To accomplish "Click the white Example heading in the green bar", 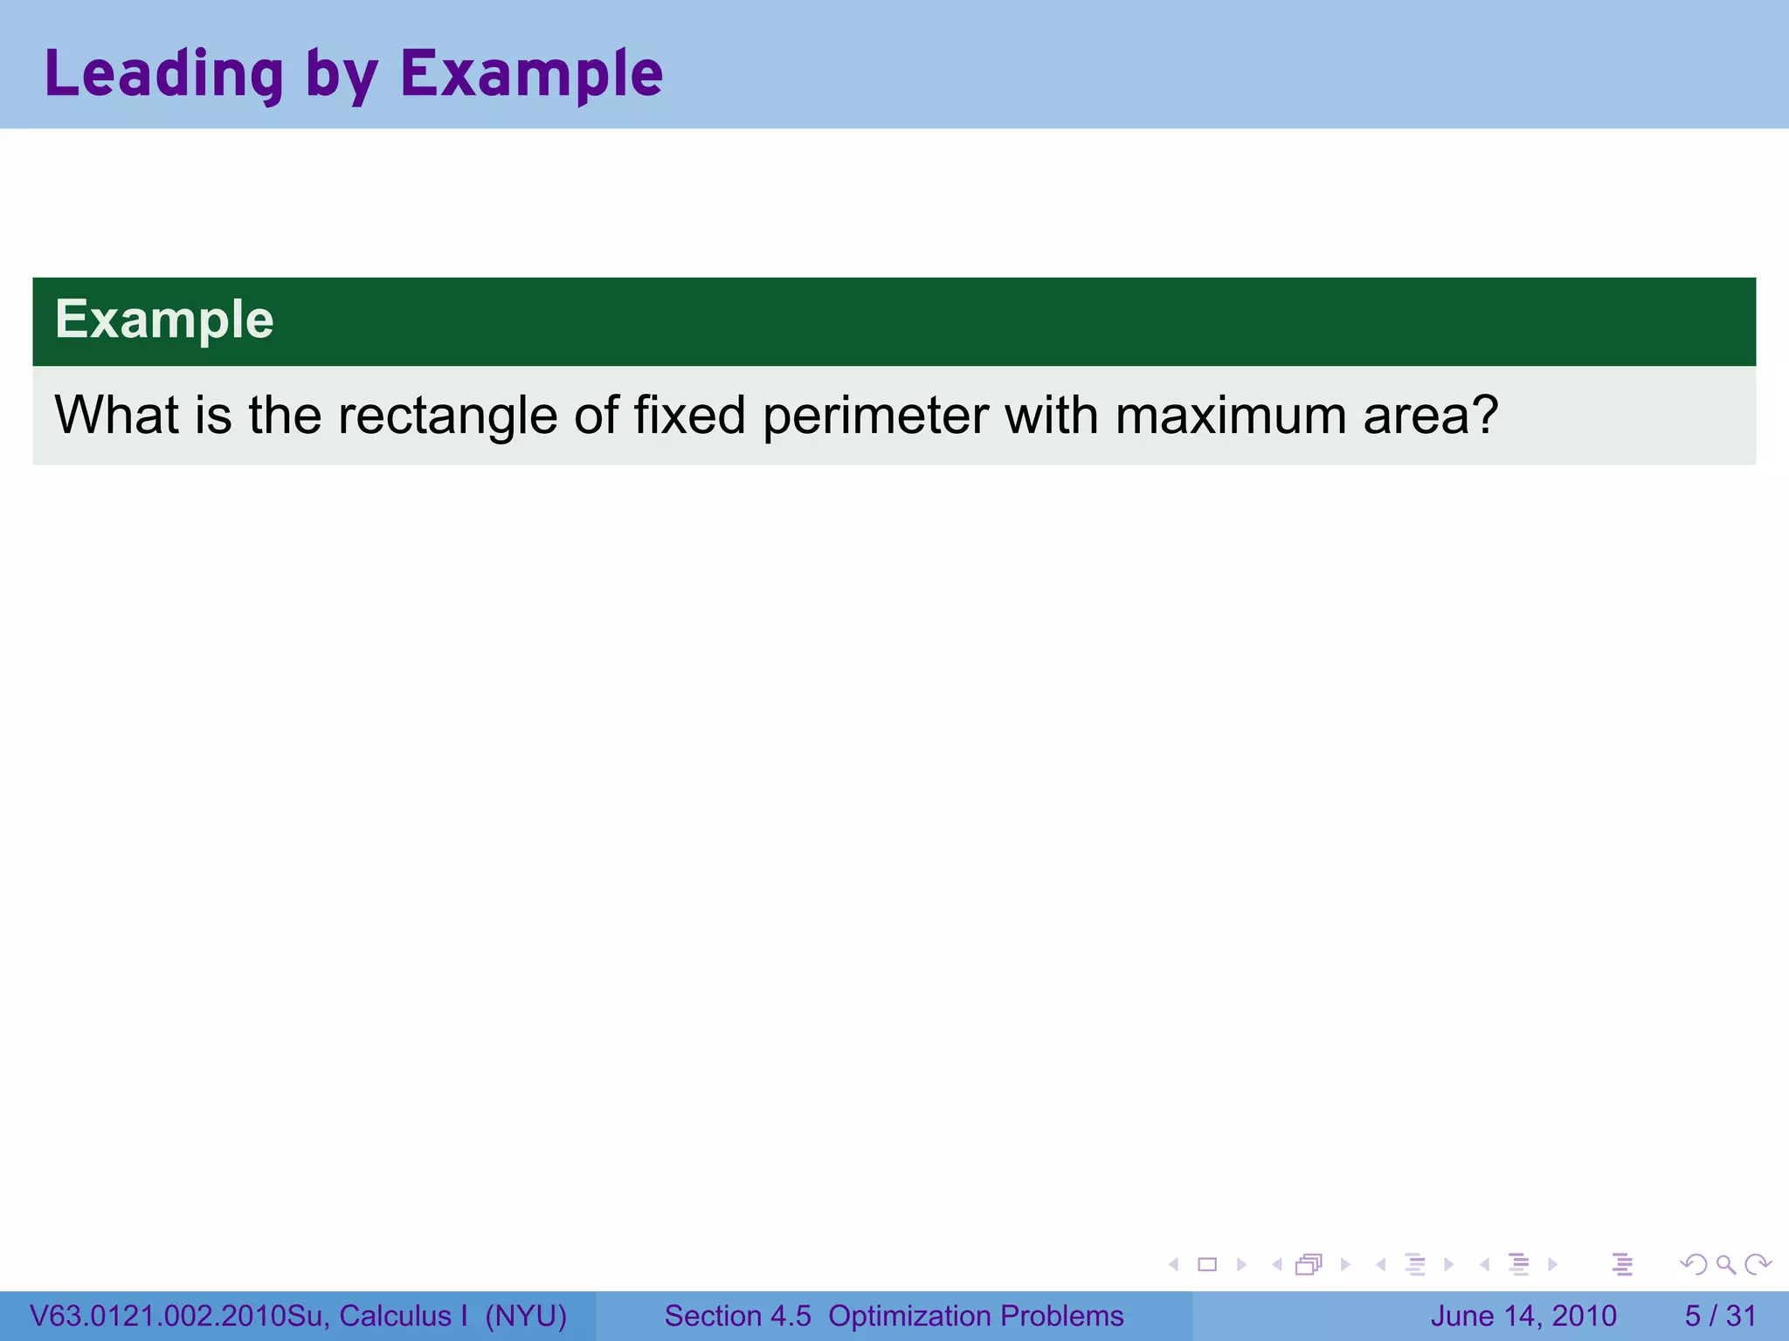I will [x=164, y=320].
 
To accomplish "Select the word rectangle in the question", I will [x=447, y=416].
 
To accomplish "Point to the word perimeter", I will [x=874, y=416].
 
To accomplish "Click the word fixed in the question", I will [x=689, y=416].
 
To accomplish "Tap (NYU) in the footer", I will [x=526, y=1316].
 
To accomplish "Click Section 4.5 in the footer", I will [x=737, y=1316].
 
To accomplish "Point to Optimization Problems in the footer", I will [x=976, y=1316].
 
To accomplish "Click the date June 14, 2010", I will [x=1523, y=1316].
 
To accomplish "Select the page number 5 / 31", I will [x=1720, y=1316].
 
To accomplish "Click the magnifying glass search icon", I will [x=1725, y=1264].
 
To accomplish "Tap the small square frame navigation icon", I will [x=1207, y=1264].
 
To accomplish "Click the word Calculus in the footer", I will [x=395, y=1316].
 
